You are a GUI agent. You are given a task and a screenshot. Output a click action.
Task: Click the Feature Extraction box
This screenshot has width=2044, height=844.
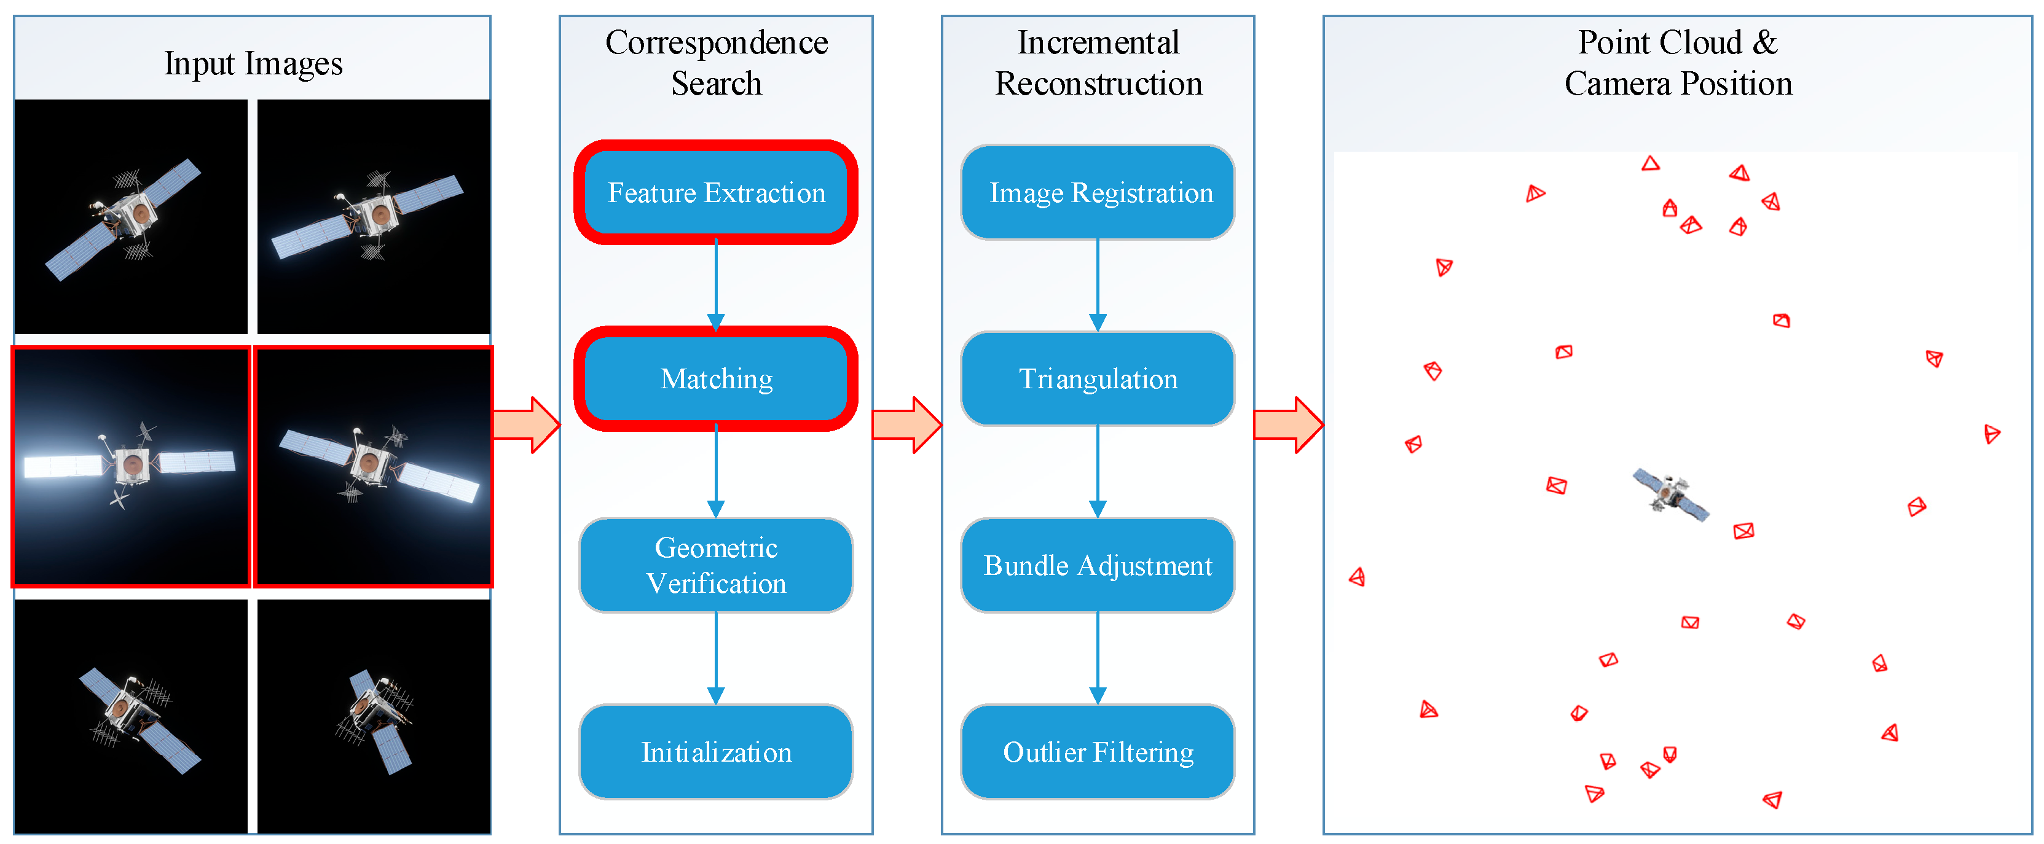coord(716,192)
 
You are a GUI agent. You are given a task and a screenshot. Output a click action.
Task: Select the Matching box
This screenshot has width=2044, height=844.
coord(716,378)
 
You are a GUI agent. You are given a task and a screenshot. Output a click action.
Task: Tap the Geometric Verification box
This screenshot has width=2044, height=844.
coord(716,565)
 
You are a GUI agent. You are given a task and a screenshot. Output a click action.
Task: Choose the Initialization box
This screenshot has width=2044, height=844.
coord(716,751)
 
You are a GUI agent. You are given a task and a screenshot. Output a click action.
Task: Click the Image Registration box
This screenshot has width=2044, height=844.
coord(1098,192)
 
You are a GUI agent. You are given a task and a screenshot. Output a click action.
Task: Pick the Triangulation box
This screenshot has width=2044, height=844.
coord(1098,378)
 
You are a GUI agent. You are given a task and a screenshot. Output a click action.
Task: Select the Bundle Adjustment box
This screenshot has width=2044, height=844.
coord(1098,565)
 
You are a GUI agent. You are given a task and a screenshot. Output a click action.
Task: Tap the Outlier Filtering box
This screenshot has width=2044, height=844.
coord(1098,751)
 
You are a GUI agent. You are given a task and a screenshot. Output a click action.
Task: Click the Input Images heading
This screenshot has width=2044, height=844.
coord(253,63)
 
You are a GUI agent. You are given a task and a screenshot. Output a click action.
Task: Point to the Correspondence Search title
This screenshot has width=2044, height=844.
coord(717,63)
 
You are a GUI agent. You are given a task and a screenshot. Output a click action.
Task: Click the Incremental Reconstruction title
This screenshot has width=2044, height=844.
coord(1099,63)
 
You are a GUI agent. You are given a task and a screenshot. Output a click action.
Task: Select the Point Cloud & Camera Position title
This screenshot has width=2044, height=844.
coord(1678,63)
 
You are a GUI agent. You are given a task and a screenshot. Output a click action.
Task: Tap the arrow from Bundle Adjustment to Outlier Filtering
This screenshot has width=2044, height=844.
coord(1098,658)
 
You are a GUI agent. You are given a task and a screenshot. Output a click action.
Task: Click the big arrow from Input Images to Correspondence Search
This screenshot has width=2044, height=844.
coord(526,425)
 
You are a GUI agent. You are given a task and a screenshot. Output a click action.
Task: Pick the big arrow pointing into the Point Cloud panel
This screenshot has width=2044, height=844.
coord(1289,425)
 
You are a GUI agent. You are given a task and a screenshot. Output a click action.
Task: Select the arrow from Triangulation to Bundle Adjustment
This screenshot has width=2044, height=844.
coord(1098,472)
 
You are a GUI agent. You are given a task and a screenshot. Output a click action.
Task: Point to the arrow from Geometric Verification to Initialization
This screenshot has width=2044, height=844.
coord(716,658)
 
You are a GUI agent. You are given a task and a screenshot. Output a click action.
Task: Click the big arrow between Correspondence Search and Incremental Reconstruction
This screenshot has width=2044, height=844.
coord(907,425)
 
